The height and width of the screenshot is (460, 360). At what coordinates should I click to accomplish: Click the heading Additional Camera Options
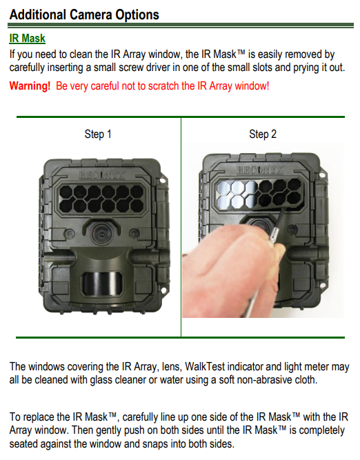coord(84,14)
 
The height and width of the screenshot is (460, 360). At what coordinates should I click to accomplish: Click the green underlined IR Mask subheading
coord(28,39)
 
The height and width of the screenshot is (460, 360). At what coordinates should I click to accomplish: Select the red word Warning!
coord(30,86)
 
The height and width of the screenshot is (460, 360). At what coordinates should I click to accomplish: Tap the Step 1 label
coord(98,134)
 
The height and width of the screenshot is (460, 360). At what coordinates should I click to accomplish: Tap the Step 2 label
coord(263,134)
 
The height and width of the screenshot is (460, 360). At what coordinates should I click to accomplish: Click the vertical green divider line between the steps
coord(181,228)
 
